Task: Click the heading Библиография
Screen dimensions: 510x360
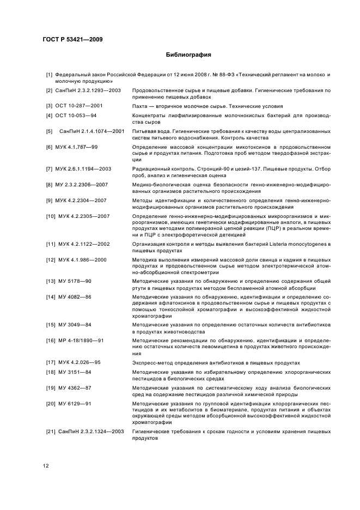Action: tap(188, 55)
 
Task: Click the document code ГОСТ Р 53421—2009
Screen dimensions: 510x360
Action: tap(72, 39)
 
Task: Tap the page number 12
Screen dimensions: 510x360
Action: tap(46, 465)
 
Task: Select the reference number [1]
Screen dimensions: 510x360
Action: tap(49, 74)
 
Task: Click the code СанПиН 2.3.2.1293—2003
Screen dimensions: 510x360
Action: tap(88, 89)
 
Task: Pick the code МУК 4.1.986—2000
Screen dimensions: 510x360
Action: tap(82, 259)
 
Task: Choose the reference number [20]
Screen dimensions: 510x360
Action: tap(51, 404)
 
